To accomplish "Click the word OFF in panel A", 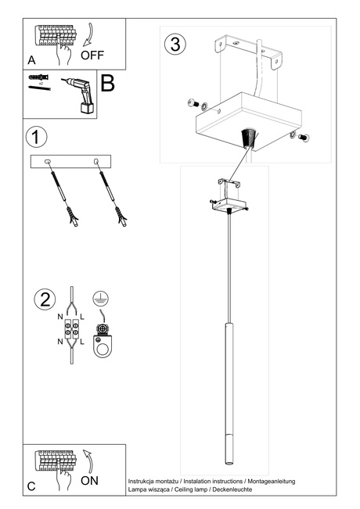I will click(92, 56).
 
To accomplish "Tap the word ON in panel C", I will click(89, 481).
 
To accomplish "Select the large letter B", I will click(107, 83).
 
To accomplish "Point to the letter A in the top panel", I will click(31, 59).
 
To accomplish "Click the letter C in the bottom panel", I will click(31, 486).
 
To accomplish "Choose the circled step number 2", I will click(45, 299).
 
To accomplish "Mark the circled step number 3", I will click(176, 44).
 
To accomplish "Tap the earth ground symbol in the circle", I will click(99, 297).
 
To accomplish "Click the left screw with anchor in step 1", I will click(59, 192).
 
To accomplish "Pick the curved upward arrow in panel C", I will click(88, 461).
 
